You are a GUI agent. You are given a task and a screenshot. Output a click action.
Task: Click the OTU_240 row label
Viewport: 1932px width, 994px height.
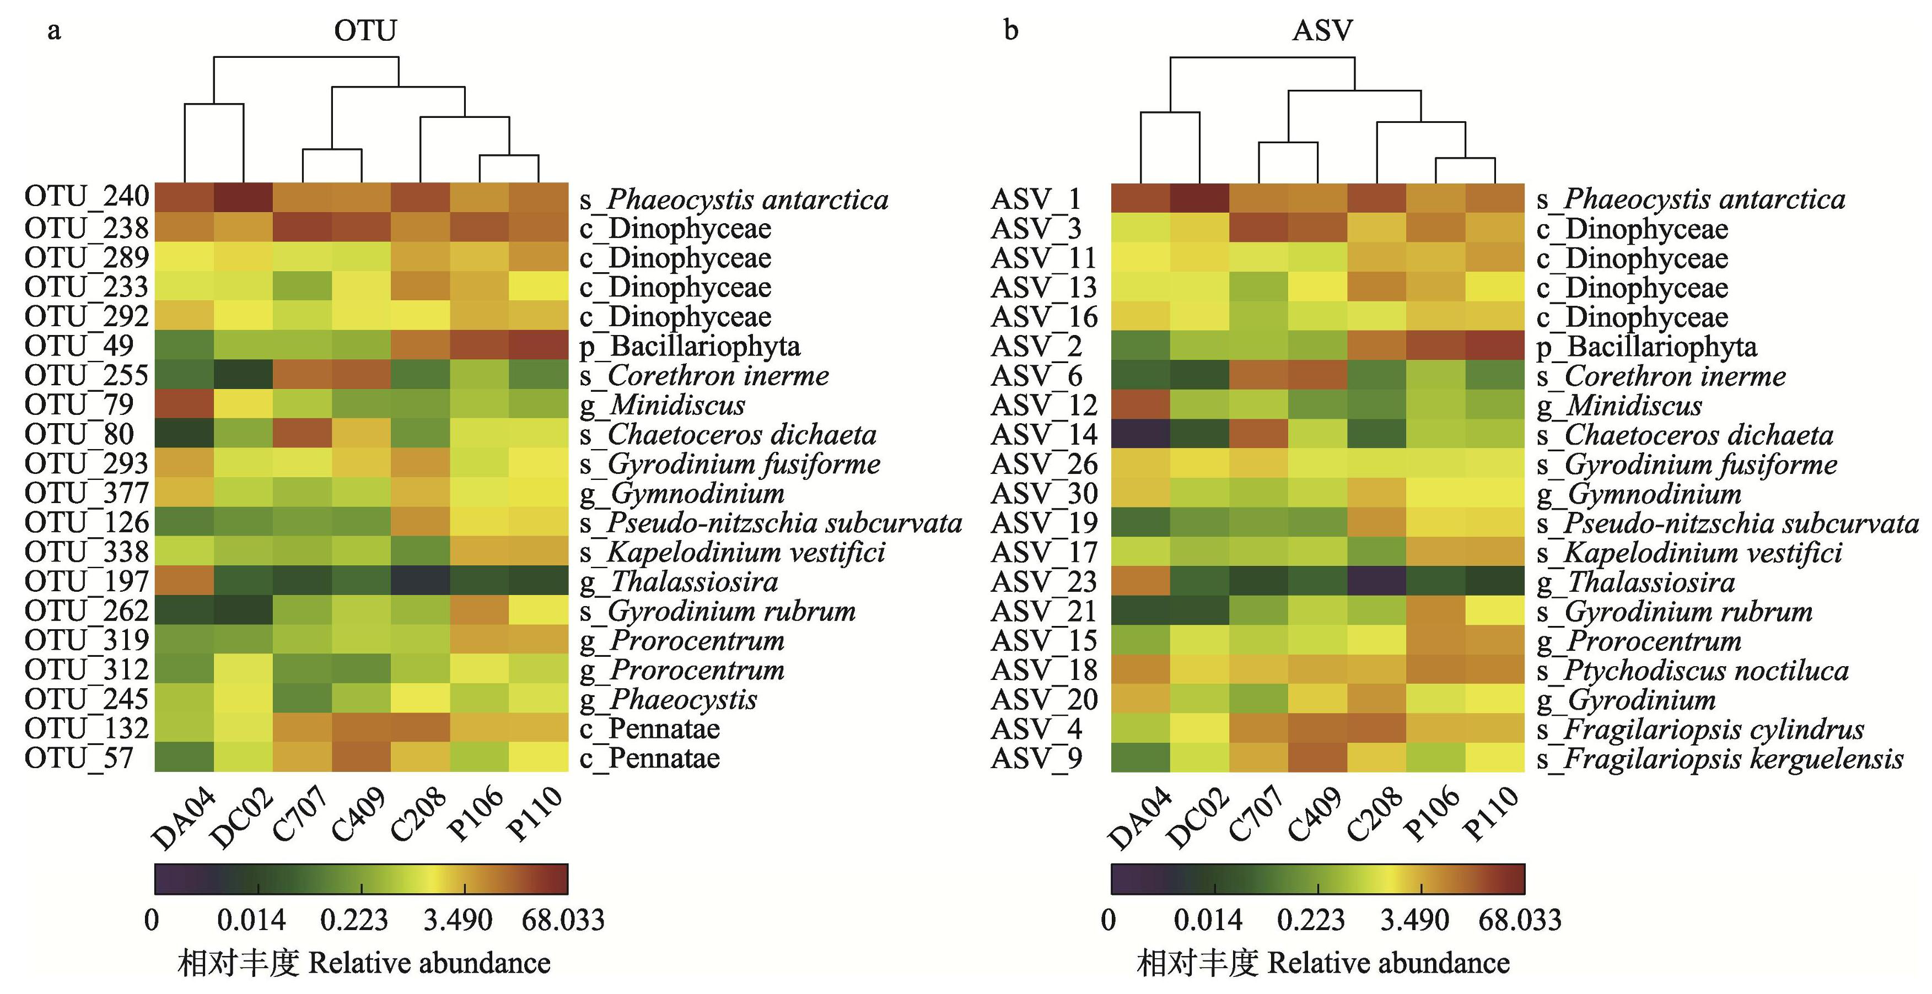pyautogui.click(x=86, y=197)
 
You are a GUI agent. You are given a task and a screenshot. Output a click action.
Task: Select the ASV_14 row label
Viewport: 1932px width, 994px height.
pyautogui.click(x=1043, y=435)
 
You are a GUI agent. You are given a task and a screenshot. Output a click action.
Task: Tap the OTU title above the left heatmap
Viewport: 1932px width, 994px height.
pyautogui.click(x=365, y=31)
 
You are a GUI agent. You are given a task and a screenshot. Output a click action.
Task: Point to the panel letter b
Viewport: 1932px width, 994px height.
pyautogui.click(x=1010, y=31)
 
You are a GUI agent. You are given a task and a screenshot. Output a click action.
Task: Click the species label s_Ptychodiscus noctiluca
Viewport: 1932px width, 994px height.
pyautogui.click(x=1692, y=670)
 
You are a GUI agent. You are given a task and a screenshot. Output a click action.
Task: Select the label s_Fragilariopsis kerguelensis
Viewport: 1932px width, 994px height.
pyautogui.click(x=1719, y=759)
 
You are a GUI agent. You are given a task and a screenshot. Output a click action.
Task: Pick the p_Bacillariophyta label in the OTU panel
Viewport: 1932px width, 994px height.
pyautogui.click(x=690, y=347)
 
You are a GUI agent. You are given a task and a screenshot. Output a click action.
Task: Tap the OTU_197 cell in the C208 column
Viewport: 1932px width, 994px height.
pyautogui.click(x=420, y=581)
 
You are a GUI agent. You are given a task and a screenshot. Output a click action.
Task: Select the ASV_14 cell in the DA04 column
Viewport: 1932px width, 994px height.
pyautogui.click(x=1140, y=434)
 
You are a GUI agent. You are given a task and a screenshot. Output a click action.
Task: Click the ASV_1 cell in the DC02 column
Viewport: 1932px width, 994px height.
pyautogui.click(x=1199, y=198)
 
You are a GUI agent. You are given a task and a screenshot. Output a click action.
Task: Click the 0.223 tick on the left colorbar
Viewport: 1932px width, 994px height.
pyautogui.click(x=354, y=921)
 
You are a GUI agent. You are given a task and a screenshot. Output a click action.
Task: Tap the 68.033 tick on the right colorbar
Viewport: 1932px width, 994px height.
pyautogui.click(x=1520, y=921)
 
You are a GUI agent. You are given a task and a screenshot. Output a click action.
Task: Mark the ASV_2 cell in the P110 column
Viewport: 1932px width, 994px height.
pyautogui.click(x=1495, y=345)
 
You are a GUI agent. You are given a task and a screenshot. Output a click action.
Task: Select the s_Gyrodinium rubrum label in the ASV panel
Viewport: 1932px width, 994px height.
pyautogui.click(x=1674, y=612)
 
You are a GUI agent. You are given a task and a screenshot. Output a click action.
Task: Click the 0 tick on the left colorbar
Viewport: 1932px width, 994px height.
pyautogui.click(x=152, y=921)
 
